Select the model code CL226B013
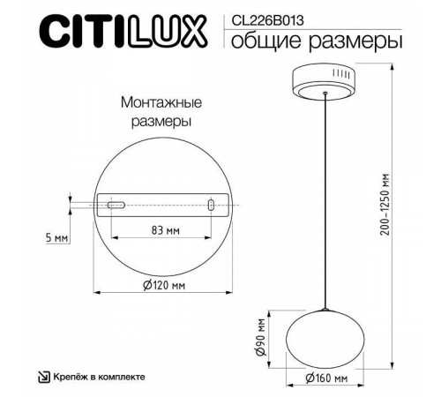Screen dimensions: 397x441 point(262,14)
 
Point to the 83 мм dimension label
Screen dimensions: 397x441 point(166,230)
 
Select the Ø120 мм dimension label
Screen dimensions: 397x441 point(165,285)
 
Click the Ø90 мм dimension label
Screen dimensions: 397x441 point(263,338)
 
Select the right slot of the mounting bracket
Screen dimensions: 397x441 point(212,205)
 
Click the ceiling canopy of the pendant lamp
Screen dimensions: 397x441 point(326,81)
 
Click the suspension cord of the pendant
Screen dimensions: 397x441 point(326,203)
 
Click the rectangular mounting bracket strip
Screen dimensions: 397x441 point(164,205)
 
